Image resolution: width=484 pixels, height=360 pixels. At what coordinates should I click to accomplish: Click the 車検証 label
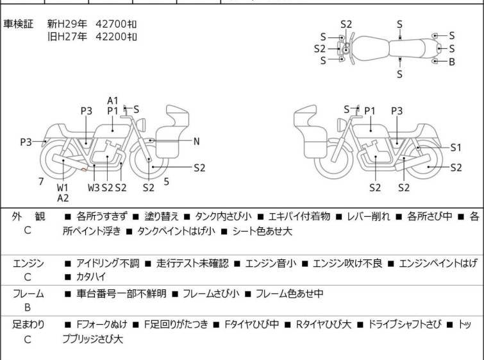click(x=18, y=24)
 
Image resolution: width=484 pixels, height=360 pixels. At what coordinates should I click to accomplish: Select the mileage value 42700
click(x=111, y=24)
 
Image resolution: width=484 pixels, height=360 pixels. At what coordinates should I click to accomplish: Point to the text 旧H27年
click(x=67, y=37)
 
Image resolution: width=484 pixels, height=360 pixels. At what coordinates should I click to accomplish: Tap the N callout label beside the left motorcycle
click(x=196, y=142)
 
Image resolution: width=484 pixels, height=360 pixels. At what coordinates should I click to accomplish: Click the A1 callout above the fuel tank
click(x=113, y=101)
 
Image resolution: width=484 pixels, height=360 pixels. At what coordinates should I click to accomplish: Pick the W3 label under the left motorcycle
click(x=94, y=187)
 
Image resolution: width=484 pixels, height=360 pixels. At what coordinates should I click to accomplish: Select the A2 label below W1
click(x=63, y=198)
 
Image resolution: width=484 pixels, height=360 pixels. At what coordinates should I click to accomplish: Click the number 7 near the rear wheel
click(x=41, y=182)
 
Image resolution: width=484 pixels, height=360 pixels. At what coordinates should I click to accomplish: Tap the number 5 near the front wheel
click(x=167, y=182)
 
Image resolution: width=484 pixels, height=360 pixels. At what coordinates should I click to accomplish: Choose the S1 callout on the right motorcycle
click(x=456, y=148)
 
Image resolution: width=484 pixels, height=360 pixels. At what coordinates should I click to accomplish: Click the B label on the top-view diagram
click(x=452, y=62)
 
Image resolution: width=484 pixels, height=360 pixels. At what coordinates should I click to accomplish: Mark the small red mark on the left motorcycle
click(x=83, y=169)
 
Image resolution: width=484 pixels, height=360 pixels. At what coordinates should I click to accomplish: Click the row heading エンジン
click(x=28, y=264)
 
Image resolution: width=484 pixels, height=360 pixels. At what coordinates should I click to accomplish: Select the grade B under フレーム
click(x=28, y=307)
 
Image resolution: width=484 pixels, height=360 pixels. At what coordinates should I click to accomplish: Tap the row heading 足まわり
click(x=28, y=325)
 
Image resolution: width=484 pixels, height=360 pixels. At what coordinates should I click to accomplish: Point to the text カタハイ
click(x=91, y=277)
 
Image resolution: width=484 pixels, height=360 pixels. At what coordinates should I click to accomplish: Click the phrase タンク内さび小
click(x=223, y=217)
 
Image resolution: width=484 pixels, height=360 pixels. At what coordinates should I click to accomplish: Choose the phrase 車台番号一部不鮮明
click(x=121, y=293)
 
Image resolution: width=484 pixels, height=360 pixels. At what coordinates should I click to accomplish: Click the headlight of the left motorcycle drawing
click(x=142, y=125)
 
